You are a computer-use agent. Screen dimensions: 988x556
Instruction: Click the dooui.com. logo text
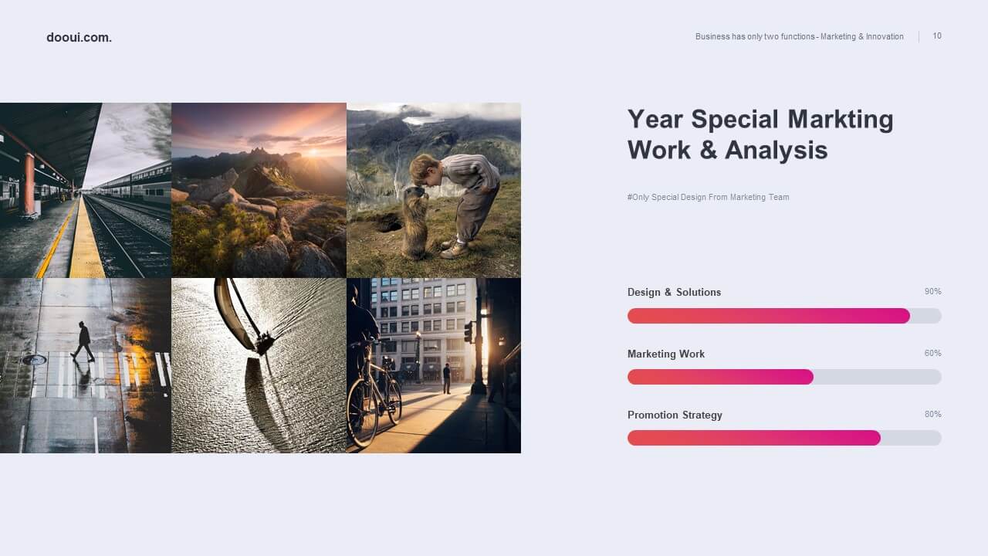(79, 38)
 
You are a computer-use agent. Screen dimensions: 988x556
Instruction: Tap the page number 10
(937, 36)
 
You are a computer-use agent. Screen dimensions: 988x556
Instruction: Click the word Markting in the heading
(841, 119)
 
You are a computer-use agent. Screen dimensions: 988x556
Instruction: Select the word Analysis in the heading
(777, 150)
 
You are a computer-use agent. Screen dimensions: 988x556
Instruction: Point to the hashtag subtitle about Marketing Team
(709, 197)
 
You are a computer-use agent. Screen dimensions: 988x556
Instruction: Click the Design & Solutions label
(674, 292)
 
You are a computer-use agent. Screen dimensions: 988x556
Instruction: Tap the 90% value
(933, 291)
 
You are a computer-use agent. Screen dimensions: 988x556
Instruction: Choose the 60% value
(933, 353)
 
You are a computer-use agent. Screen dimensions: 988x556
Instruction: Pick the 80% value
(933, 414)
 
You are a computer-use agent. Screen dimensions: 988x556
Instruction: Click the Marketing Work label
(666, 354)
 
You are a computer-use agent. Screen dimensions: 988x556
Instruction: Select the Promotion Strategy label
(675, 415)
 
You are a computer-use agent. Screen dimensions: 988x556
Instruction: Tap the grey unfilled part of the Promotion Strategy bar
(912, 438)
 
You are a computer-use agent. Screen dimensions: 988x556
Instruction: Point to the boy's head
(425, 170)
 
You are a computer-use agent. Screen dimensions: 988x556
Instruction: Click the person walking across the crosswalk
(83, 342)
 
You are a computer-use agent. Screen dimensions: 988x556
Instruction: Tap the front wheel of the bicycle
(363, 413)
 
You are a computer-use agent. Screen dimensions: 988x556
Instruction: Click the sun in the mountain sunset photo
(313, 153)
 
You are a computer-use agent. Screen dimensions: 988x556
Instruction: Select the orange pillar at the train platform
(29, 184)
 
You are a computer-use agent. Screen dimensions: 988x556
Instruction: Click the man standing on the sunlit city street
(447, 378)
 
